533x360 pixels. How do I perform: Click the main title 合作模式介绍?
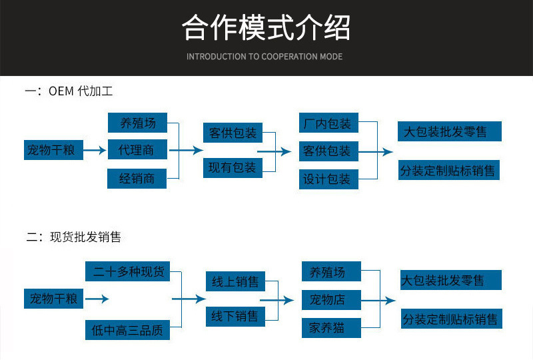[266, 28]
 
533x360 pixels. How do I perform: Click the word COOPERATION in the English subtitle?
[288, 57]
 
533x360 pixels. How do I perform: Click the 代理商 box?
[137, 151]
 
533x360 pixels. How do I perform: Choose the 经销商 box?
[137, 179]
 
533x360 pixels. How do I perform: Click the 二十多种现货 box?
[127, 271]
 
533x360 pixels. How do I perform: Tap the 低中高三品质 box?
[127, 330]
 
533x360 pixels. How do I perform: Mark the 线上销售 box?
[235, 282]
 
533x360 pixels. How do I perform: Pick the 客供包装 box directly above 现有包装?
[233, 133]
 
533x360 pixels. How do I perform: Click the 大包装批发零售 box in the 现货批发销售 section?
[450, 281]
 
